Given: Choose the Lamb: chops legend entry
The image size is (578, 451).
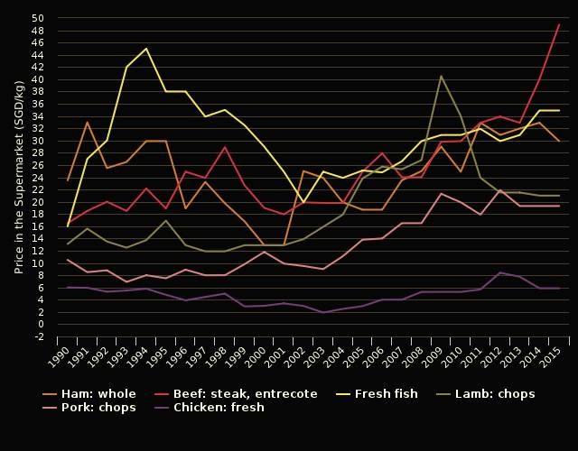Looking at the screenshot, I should pyautogui.click(x=493, y=394).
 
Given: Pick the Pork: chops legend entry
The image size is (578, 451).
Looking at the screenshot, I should pyautogui.click(x=97, y=408).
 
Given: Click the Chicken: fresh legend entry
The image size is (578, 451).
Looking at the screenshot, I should pyautogui.click(x=219, y=408).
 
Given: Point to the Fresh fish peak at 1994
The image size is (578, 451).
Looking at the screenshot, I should pyautogui.click(x=146, y=49).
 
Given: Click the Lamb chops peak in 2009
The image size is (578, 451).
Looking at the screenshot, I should pyautogui.click(x=441, y=76).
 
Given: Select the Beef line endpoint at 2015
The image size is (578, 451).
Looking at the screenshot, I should pyautogui.click(x=559, y=24).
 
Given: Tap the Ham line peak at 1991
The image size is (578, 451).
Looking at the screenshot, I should pyautogui.click(x=88, y=122).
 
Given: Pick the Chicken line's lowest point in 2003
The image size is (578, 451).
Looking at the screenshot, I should pyautogui.click(x=323, y=312).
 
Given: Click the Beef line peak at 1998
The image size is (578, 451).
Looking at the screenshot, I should pyautogui.click(x=225, y=147).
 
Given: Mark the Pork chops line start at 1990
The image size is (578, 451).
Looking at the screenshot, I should pyautogui.click(x=68, y=260).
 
